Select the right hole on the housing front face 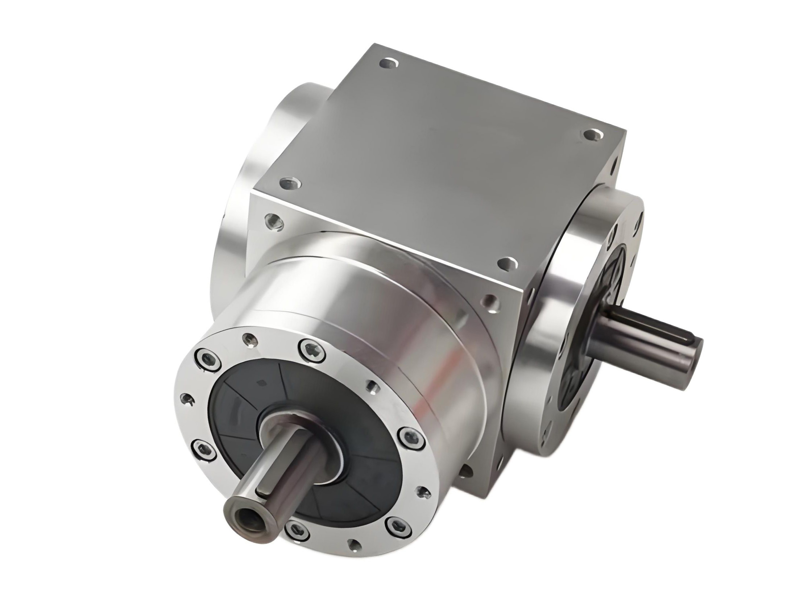(x=492, y=304)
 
